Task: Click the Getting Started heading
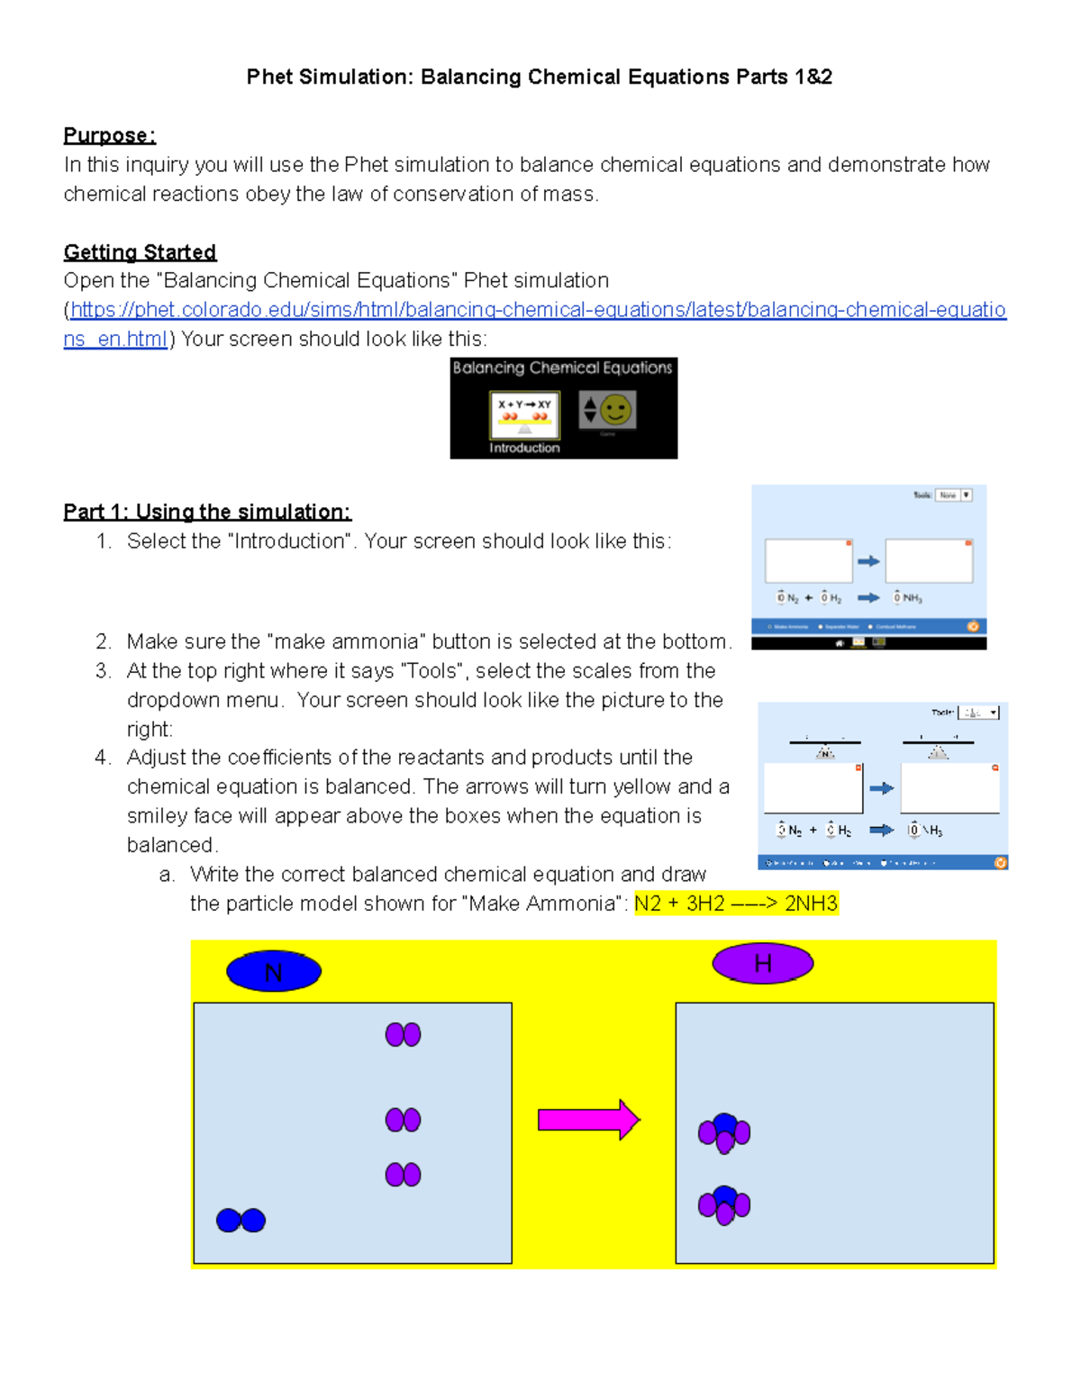(140, 252)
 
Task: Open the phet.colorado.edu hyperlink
(537, 311)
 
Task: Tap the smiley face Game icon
(608, 411)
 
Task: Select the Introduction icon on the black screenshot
(524, 416)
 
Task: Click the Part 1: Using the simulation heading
(207, 512)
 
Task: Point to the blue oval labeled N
(274, 972)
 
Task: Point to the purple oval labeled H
(763, 964)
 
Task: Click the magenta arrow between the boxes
(588, 1120)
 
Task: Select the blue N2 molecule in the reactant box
(241, 1221)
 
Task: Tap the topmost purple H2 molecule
(403, 1034)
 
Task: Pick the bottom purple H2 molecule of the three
(403, 1175)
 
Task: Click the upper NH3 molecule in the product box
(724, 1132)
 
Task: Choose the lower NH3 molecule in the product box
(724, 1205)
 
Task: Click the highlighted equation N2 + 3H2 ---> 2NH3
(736, 904)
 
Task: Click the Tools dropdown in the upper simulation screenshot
(953, 495)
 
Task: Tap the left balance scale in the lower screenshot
(825, 749)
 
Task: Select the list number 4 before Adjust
(103, 758)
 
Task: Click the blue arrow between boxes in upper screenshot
(868, 561)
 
